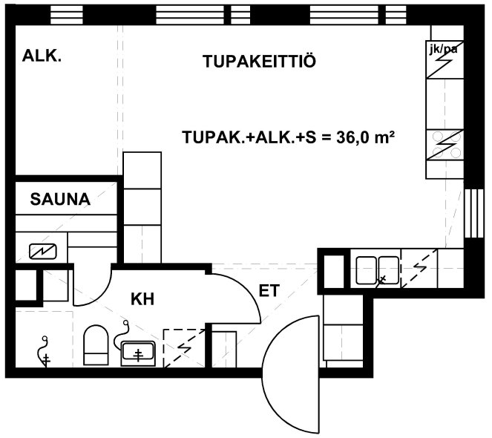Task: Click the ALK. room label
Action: click(42, 56)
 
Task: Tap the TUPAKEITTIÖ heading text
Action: click(259, 61)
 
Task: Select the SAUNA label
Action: click(60, 199)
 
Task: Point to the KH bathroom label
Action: click(142, 299)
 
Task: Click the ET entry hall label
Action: click(269, 291)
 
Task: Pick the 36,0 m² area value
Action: click(365, 137)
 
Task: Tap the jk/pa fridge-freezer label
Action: click(443, 49)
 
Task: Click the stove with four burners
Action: click(445, 145)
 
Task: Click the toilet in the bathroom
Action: click(96, 345)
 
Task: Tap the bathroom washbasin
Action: click(138, 353)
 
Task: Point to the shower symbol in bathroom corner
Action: click(44, 351)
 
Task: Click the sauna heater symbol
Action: click(43, 251)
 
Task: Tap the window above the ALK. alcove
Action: click(67, 16)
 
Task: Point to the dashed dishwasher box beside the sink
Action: click(419, 269)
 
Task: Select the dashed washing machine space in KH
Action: click(184, 348)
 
